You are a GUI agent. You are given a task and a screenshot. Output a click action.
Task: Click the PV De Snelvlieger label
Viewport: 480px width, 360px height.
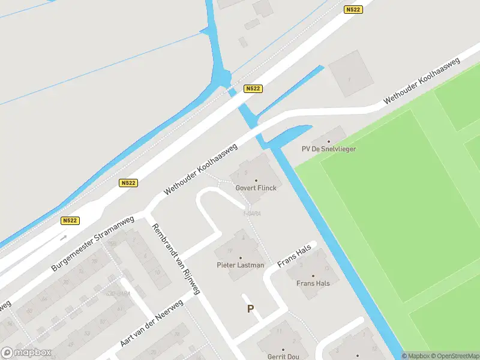coord(328,149)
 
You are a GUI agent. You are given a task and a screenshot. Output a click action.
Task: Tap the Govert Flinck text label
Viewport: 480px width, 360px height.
coord(256,188)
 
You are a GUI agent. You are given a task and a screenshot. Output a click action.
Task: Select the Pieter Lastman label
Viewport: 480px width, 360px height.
coord(240,265)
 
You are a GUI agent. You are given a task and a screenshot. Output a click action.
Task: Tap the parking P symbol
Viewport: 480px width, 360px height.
coord(250,309)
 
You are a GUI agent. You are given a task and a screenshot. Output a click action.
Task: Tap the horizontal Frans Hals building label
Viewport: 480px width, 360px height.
coord(313,284)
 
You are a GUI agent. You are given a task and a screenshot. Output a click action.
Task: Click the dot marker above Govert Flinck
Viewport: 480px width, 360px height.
coord(256,180)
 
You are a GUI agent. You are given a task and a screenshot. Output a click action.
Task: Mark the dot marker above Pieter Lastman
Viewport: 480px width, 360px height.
coord(241,257)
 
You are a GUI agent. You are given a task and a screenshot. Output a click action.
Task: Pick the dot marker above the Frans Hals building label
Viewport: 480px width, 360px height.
coord(313,276)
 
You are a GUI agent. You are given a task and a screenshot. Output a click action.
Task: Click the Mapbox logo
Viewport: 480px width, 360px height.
coord(26,353)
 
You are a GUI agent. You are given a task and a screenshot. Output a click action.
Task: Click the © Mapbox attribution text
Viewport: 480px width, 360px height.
coord(418,356)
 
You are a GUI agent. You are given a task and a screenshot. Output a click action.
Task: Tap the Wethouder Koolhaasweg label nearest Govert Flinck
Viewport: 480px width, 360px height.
coord(201,170)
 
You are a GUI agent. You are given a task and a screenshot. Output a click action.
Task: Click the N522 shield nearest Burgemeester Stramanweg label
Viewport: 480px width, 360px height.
coord(70,221)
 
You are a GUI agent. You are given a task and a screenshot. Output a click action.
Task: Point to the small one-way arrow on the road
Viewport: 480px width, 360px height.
coord(64,236)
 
